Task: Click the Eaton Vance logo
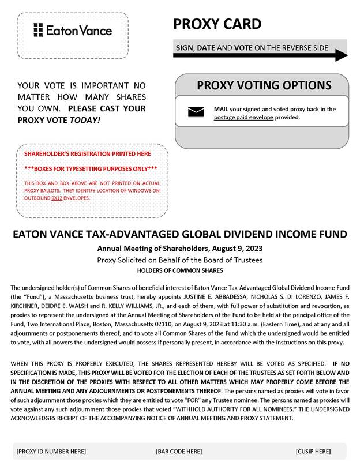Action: pyautogui.click(x=73, y=30)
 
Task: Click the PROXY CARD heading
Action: pyautogui.click(x=217, y=24)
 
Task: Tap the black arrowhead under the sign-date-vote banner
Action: pyautogui.click(x=342, y=56)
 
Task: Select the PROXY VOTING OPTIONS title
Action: pyautogui.click(x=264, y=86)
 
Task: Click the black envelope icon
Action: pyautogui.click(x=196, y=112)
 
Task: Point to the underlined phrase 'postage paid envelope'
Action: pyautogui.click(x=245, y=117)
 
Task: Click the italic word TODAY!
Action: pyautogui.click(x=85, y=120)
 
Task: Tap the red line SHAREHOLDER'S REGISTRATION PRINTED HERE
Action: pyautogui.click(x=88, y=154)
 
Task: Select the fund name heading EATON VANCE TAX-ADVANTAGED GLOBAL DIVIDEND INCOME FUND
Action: pyautogui.click(x=180, y=234)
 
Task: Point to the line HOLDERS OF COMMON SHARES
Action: pyautogui.click(x=180, y=270)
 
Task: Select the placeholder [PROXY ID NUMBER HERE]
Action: pyautogui.click(x=51, y=451)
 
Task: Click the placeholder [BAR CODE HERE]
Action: pyautogui.click(x=179, y=451)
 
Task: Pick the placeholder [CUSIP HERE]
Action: pyautogui.click(x=313, y=451)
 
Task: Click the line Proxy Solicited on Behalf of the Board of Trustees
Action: pyautogui.click(x=180, y=260)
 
